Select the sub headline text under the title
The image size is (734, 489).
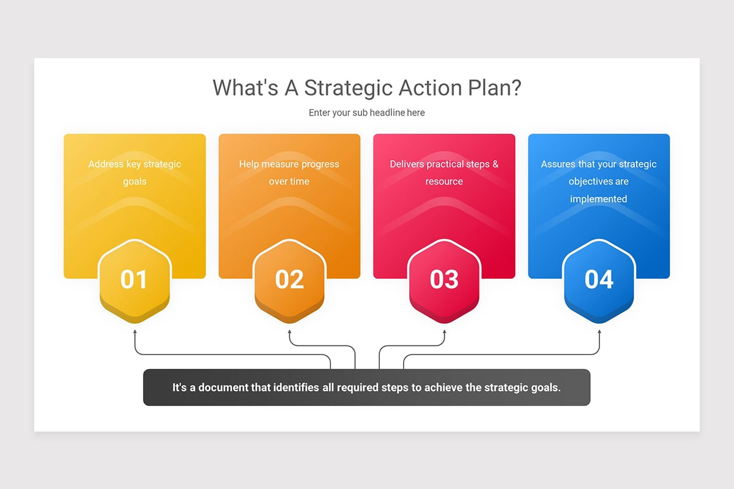click(x=366, y=112)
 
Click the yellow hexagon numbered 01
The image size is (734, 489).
click(x=135, y=279)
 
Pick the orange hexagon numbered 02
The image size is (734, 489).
click(x=289, y=279)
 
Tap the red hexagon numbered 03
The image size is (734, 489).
click(x=444, y=279)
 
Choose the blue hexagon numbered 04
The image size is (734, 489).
click(x=599, y=279)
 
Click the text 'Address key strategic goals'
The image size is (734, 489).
click(x=135, y=172)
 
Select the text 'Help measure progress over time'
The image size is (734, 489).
click(x=289, y=172)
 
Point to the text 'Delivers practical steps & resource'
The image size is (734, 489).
click(x=444, y=172)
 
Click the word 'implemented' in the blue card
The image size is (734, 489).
click(x=599, y=199)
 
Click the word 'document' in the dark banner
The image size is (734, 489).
click(x=235, y=388)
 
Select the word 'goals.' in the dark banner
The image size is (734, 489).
click(x=546, y=388)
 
